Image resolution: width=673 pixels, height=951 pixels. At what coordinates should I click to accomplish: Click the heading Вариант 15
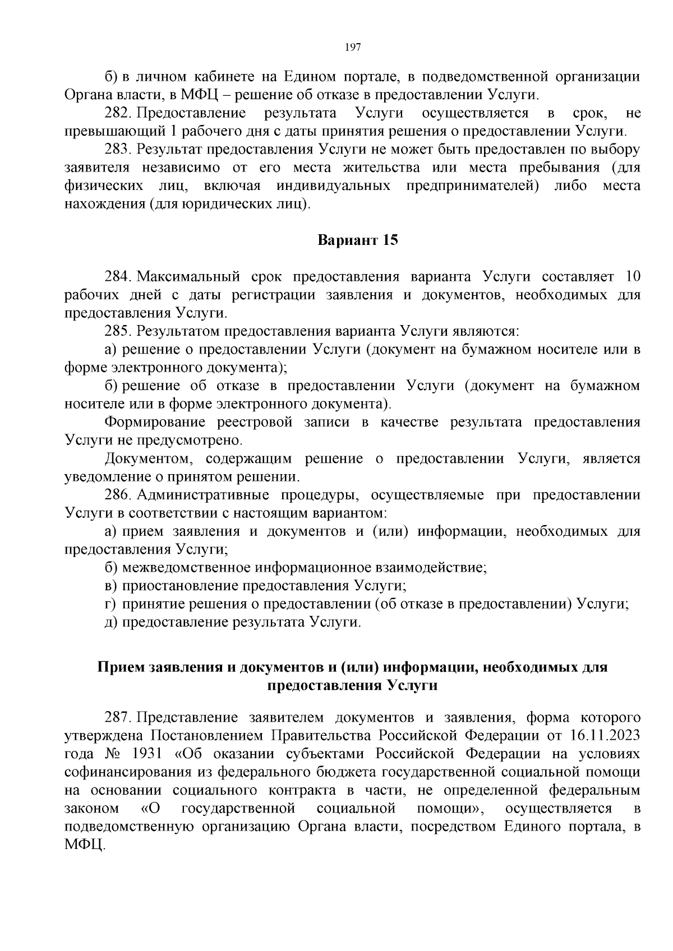[358, 240]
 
